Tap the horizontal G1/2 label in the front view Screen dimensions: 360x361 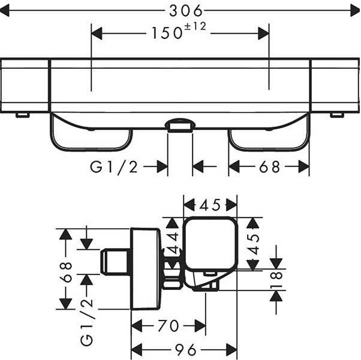tap(114, 167)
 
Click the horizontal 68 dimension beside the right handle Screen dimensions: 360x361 tap(269, 167)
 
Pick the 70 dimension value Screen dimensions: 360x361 tap(168, 326)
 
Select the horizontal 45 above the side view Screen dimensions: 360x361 tap(210, 205)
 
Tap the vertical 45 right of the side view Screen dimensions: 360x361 tap(254, 244)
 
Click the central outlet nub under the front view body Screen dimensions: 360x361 tap(180, 125)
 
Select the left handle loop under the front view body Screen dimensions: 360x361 tap(90, 135)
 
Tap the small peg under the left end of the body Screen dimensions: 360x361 tap(22, 114)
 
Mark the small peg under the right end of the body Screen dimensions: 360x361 tap(337, 114)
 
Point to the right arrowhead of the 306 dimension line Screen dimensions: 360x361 tap(353, 10)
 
